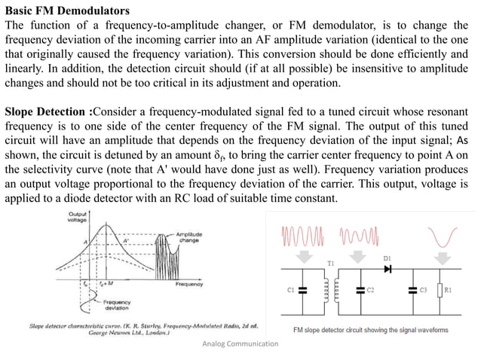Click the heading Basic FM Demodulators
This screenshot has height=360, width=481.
pyautogui.click(x=67, y=11)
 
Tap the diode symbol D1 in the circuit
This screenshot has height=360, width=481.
pyautogui.click(x=390, y=269)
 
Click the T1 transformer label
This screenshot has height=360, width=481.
pyautogui.click(x=329, y=264)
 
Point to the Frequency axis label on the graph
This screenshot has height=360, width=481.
pyautogui.click(x=190, y=285)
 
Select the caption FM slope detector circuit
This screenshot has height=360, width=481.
pyautogui.click(x=369, y=329)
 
